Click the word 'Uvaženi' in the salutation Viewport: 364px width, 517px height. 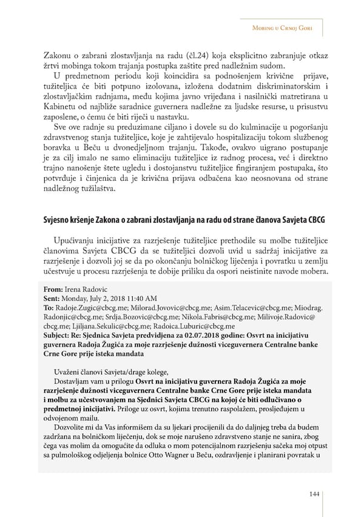click(67, 372)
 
